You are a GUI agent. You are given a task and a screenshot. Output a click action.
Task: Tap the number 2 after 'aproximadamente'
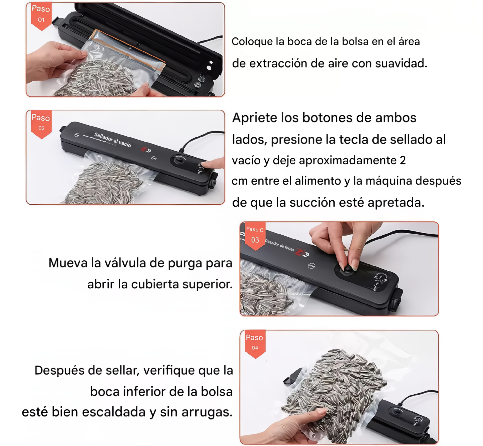(x=402, y=160)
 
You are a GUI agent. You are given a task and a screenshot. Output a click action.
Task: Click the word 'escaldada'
(x=113, y=412)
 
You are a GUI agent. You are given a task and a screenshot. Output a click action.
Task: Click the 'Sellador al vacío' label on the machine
(x=113, y=140)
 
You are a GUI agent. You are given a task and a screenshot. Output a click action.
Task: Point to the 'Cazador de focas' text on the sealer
(x=280, y=245)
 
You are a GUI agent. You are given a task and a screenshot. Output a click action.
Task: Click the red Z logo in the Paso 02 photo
(x=144, y=149)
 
